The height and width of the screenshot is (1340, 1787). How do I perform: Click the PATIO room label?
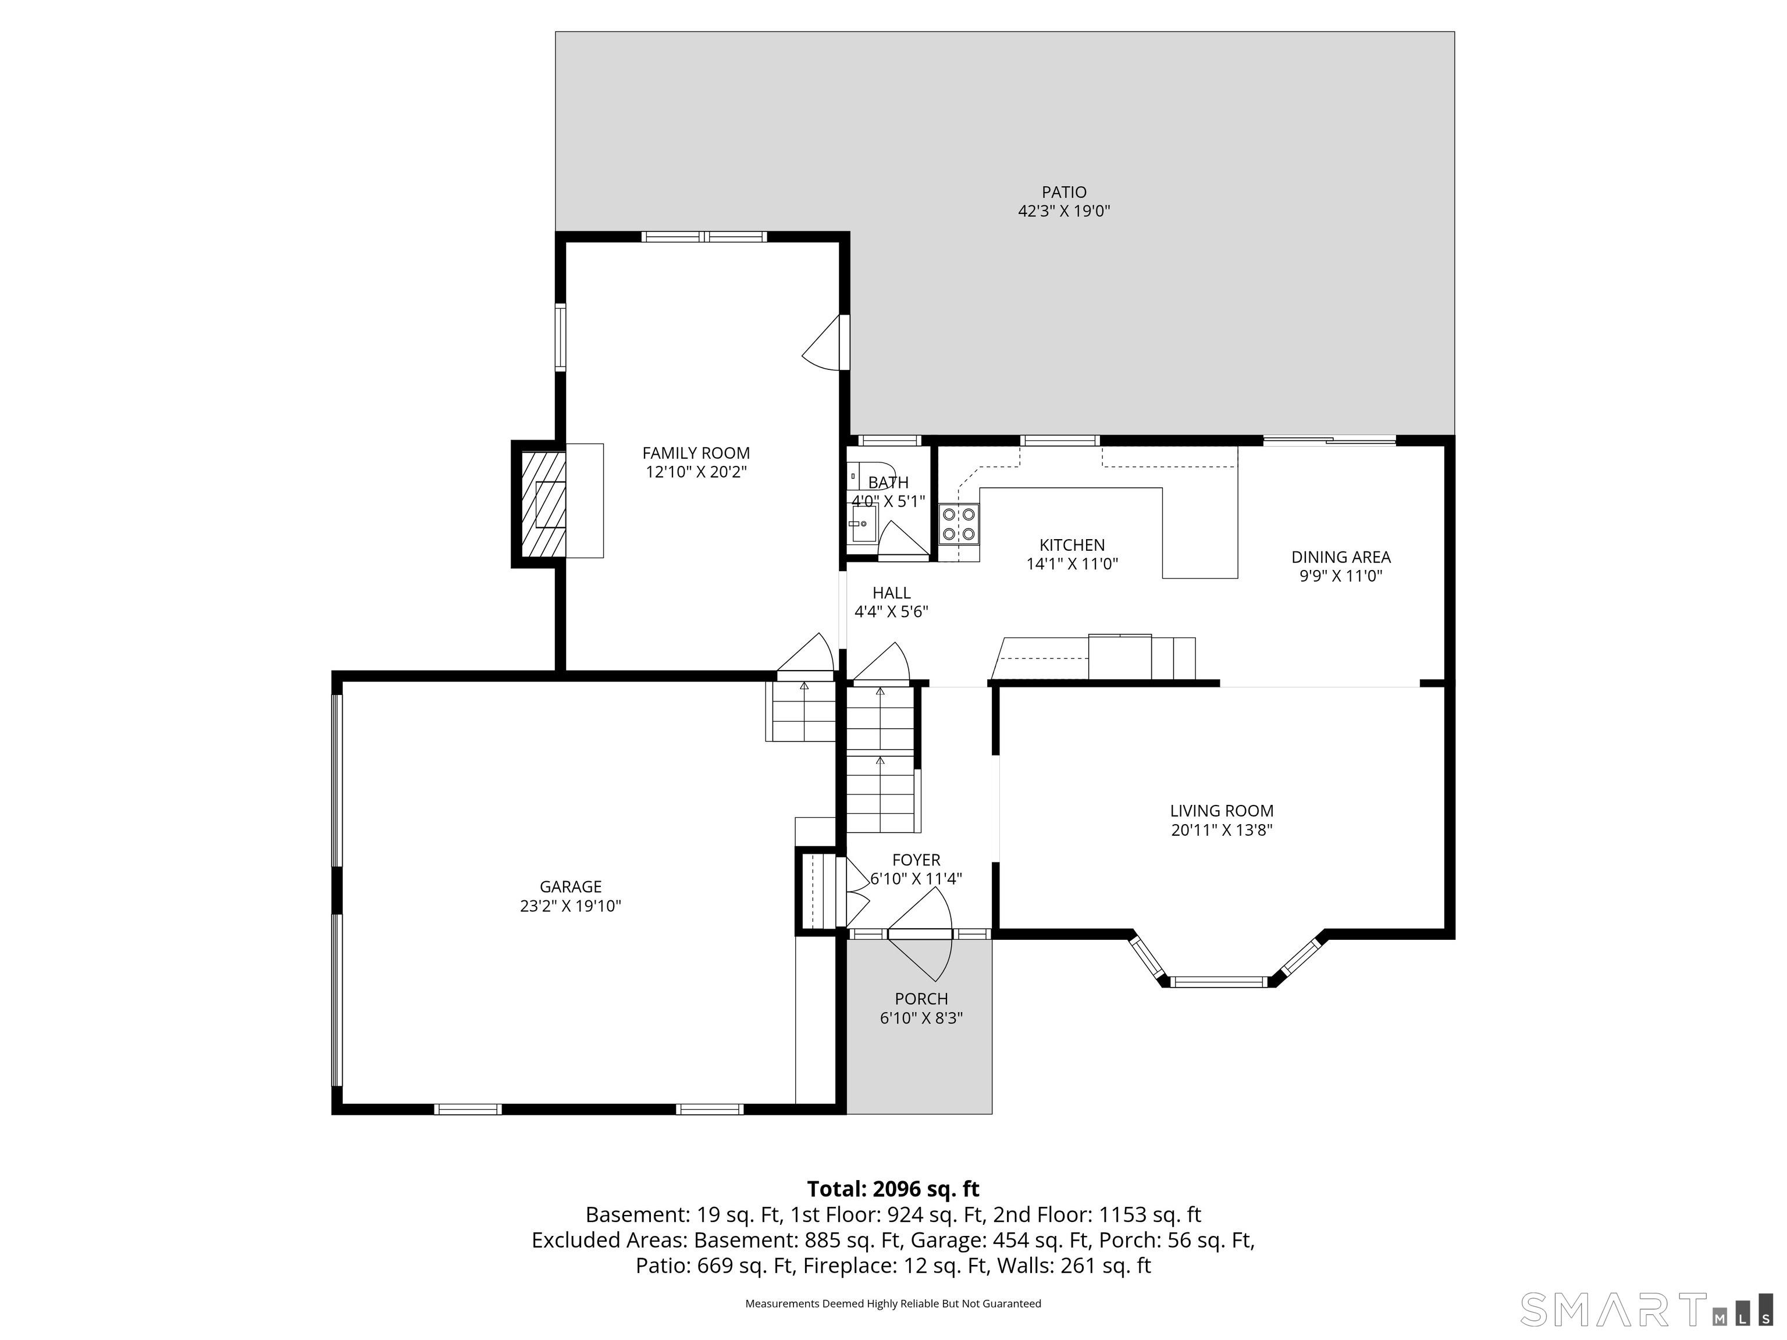click(x=1063, y=193)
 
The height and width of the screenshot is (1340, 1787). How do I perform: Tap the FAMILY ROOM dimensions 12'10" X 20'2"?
click(x=696, y=472)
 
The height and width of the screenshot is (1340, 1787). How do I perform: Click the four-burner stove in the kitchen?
click(x=959, y=523)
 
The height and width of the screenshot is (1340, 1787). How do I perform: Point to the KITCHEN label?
click(x=1072, y=545)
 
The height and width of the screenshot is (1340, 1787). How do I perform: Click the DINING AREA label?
click(x=1340, y=557)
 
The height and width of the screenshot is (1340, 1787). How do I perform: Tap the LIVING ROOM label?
click(x=1222, y=811)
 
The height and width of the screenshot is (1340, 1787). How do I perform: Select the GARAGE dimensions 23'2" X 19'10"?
click(x=570, y=906)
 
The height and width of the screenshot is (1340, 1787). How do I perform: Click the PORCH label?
click(x=921, y=999)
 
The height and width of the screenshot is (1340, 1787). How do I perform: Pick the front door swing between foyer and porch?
click(x=921, y=935)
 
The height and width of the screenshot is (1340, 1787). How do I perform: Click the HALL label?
click(x=891, y=593)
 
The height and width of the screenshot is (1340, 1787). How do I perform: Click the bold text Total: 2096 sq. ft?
click(x=893, y=1189)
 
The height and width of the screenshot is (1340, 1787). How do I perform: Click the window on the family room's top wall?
click(x=704, y=237)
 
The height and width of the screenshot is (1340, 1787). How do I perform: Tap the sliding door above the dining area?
click(x=1329, y=440)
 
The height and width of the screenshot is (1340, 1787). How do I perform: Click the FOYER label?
click(x=916, y=860)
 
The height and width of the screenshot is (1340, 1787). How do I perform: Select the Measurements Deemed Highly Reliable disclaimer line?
click(x=893, y=1304)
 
